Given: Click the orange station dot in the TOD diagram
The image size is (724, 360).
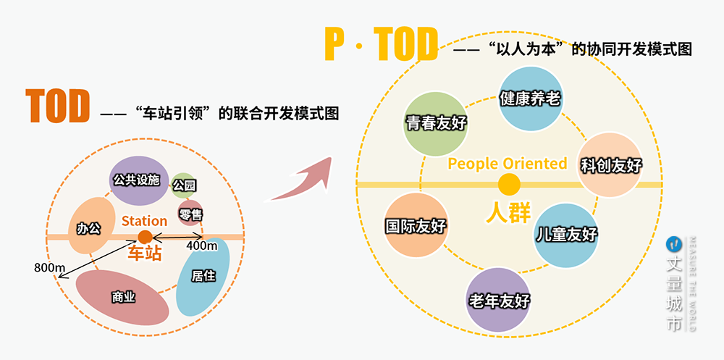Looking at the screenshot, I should [145, 237].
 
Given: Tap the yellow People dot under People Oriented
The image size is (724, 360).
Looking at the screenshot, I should [509, 185].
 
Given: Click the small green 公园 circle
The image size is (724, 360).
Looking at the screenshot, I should [184, 185].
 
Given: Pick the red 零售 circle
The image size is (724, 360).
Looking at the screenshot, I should [190, 213].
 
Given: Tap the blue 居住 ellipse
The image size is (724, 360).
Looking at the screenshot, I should [203, 276].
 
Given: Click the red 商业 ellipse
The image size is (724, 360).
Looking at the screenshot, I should [123, 296].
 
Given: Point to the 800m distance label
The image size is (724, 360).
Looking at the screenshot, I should [49, 268].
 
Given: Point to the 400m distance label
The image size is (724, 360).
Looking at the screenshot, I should [202, 246].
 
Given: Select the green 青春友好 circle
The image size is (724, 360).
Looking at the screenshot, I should [435, 123].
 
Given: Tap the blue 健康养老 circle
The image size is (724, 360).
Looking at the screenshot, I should [530, 99].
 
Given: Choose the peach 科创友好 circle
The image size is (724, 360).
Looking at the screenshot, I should [611, 165].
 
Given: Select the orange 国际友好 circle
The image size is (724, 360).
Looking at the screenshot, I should [415, 226].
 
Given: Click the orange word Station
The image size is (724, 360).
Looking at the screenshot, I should [144, 220].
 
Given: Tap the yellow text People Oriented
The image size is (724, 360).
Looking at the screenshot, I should [508, 164].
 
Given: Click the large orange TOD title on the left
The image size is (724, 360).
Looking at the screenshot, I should [58, 107].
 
